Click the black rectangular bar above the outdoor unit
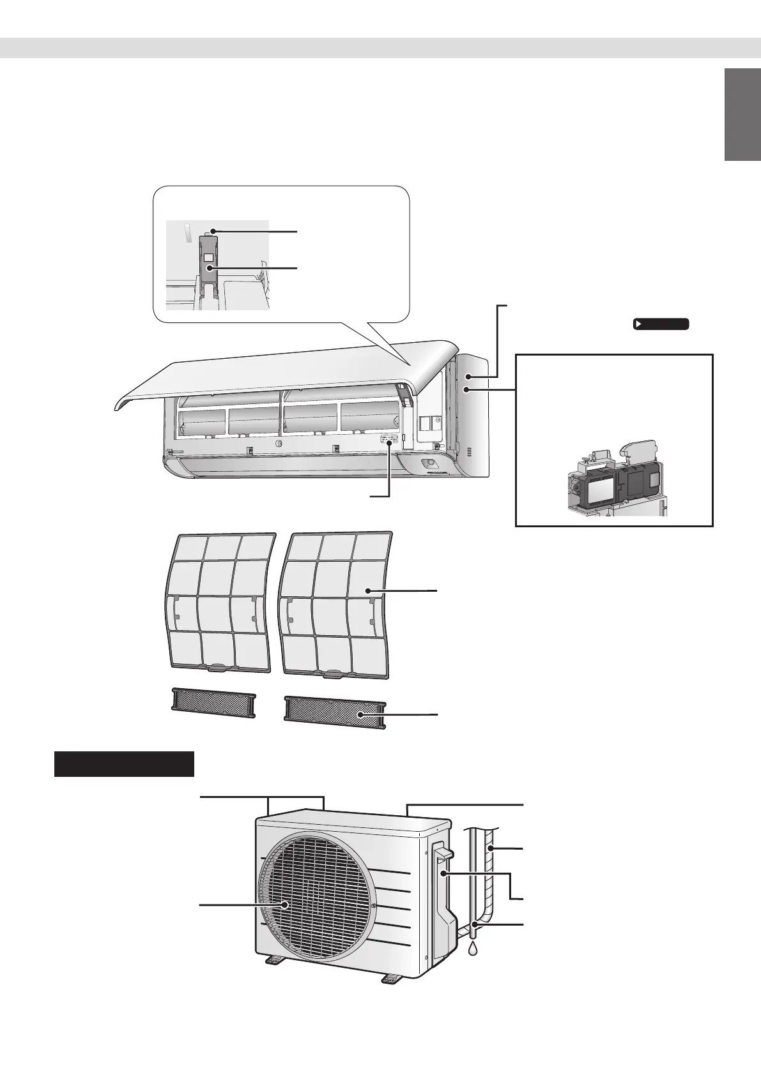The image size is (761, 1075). [x=124, y=764]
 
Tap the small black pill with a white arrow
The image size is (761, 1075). [x=661, y=324]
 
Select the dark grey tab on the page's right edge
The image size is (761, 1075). [x=742, y=116]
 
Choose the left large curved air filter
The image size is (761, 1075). [x=217, y=600]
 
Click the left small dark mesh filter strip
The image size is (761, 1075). [x=212, y=705]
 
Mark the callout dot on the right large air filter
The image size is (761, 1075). [x=369, y=592]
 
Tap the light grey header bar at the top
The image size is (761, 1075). [x=380, y=48]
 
